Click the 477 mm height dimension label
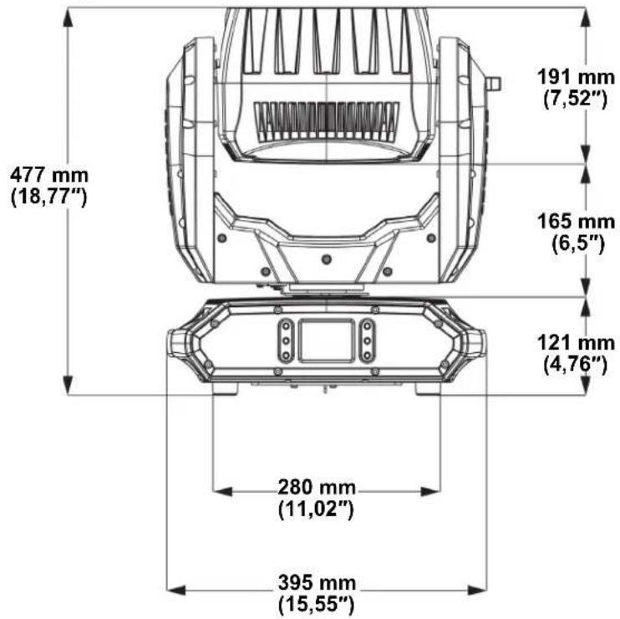(49, 175)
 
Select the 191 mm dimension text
(576, 76)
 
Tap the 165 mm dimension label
(576, 221)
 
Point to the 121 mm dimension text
(576, 343)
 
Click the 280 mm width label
(317, 487)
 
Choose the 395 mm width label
(317, 582)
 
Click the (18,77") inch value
(49, 197)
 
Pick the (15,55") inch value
(317, 604)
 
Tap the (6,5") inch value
(578, 243)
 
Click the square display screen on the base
(327, 340)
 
